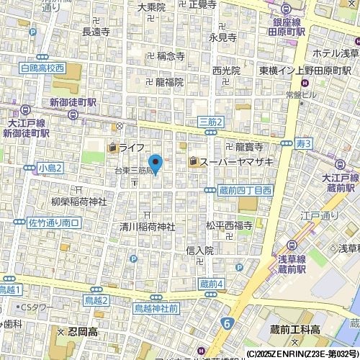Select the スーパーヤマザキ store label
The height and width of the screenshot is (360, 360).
[x=224, y=162]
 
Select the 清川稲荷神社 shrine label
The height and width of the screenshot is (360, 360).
[x=147, y=226]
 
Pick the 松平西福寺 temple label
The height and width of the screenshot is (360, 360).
[x=229, y=225]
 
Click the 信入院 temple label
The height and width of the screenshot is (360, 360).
[x=199, y=251]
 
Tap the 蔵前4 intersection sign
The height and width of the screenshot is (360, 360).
[x=210, y=284]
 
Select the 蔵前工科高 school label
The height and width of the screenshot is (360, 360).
[x=297, y=329]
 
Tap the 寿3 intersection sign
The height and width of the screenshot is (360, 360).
[x=303, y=145]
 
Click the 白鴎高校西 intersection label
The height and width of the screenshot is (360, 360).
[x=42, y=68]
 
